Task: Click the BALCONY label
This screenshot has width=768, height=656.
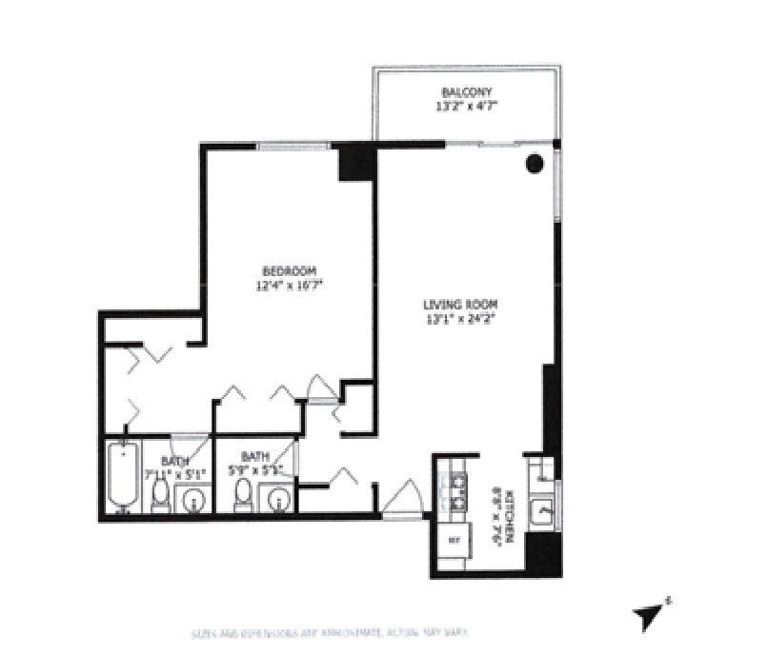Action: click(464, 92)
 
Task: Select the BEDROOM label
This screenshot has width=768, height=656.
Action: click(289, 270)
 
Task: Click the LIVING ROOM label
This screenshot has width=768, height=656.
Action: click(461, 306)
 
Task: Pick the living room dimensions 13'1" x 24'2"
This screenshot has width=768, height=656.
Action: click(461, 319)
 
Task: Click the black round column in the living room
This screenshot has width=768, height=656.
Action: click(536, 164)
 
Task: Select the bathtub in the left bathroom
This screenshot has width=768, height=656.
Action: click(122, 477)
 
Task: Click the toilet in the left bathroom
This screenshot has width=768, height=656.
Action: click(160, 494)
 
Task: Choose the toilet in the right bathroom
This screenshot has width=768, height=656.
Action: click(243, 494)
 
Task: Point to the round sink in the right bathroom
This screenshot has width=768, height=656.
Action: click(277, 498)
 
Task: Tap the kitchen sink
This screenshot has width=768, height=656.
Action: click(544, 510)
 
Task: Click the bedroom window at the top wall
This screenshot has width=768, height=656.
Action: click(293, 147)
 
